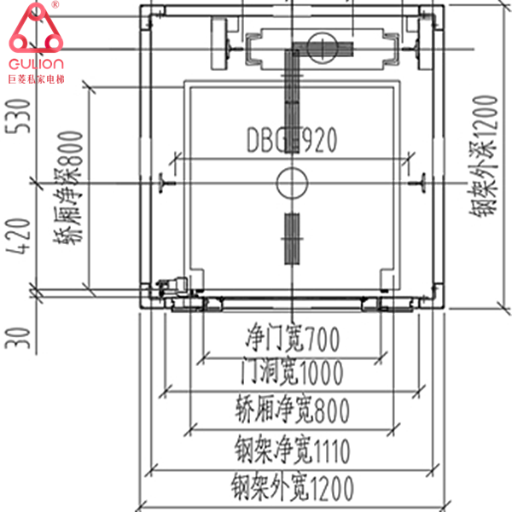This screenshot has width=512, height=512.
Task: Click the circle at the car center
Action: [291, 181]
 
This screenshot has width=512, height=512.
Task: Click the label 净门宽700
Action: [290, 340]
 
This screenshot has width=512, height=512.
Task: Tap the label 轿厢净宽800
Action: [290, 411]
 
